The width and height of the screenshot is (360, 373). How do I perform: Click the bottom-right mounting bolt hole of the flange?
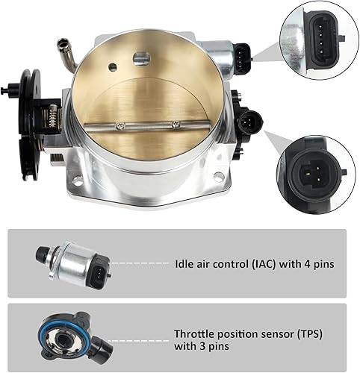(219, 177)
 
